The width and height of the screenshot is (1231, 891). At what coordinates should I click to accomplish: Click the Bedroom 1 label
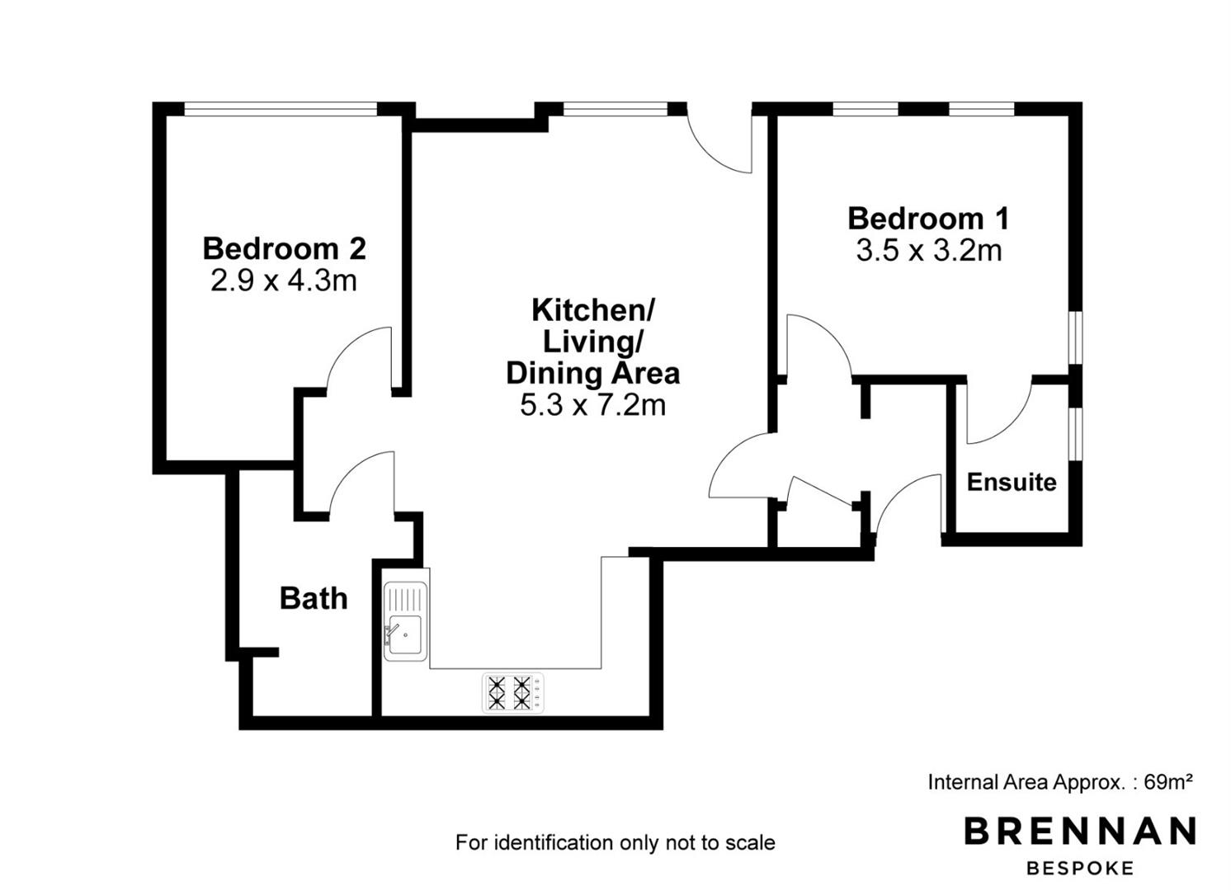pyautogui.click(x=928, y=219)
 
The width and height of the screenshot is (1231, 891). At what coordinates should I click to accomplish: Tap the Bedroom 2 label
pyautogui.click(x=284, y=248)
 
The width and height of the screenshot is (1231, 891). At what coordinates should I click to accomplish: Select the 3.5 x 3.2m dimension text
pyautogui.click(x=929, y=251)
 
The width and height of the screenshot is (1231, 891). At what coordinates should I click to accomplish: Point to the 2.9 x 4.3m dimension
pyautogui.click(x=284, y=280)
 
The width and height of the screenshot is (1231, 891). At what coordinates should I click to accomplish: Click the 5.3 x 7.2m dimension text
pyautogui.click(x=593, y=406)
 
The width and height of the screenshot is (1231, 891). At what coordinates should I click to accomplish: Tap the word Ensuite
pyautogui.click(x=1012, y=482)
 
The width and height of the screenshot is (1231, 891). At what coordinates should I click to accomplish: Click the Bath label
pyautogui.click(x=314, y=598)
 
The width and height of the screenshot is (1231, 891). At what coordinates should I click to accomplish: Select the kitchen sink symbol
pyautogui.click(x=406, y=621)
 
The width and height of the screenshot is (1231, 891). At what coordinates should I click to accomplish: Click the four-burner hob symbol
pyautogui.click(x=513, y=693)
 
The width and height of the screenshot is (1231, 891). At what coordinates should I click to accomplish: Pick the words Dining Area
pyautogui.click(x=593, y=373)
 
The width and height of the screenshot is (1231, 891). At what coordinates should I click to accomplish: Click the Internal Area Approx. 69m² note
pyautogui.click(x=1061, y=781)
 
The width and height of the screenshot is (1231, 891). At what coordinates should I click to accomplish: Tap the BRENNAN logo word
pyautogui.click(x=1080, y=831)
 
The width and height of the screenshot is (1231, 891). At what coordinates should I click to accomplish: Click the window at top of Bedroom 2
pyautogui.click(x=281, y=109)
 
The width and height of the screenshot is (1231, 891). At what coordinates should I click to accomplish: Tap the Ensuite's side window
pyautogui.click(x=1076, y=433)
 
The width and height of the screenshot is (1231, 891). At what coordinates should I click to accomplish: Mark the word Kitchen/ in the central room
pyautogui.click(x=593, y=310)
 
